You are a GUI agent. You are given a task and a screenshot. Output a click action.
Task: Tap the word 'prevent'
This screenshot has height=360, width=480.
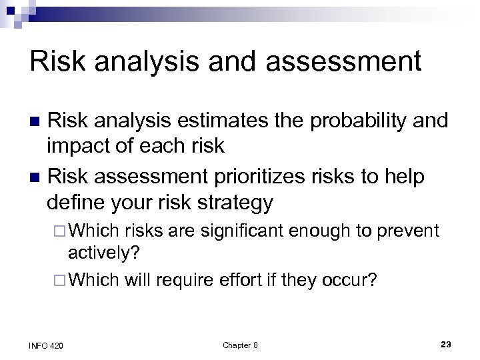(x=407, y=231)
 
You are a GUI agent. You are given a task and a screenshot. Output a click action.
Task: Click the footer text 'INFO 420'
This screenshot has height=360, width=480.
(x=45, y=343)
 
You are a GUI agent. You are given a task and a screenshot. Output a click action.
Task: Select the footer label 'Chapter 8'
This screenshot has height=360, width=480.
(x=240, y=343)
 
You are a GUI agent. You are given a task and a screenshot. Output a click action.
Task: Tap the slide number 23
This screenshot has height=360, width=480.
(x=446, y=343)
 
